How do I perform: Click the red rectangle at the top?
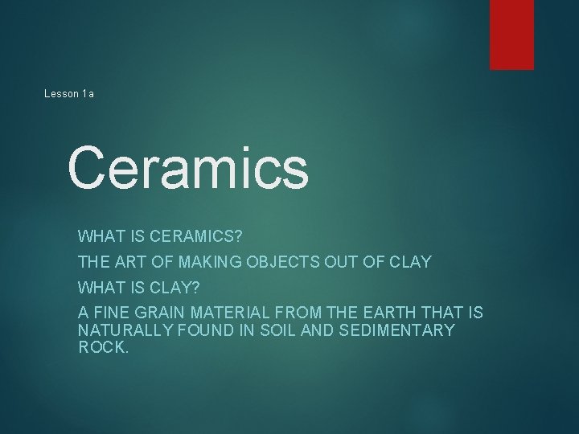pyautogui.click(x=512, y=35)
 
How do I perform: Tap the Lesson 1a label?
pyautogui.click(x=69, y=94)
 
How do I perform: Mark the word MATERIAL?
pyautogui.click(x=232, y=312)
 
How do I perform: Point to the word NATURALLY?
pyautogui.click(x=126, y=330)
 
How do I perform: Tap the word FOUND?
pyautogui.click(x=218, y=330)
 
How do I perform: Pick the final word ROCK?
pyautogui.click(x=103, y=348)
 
